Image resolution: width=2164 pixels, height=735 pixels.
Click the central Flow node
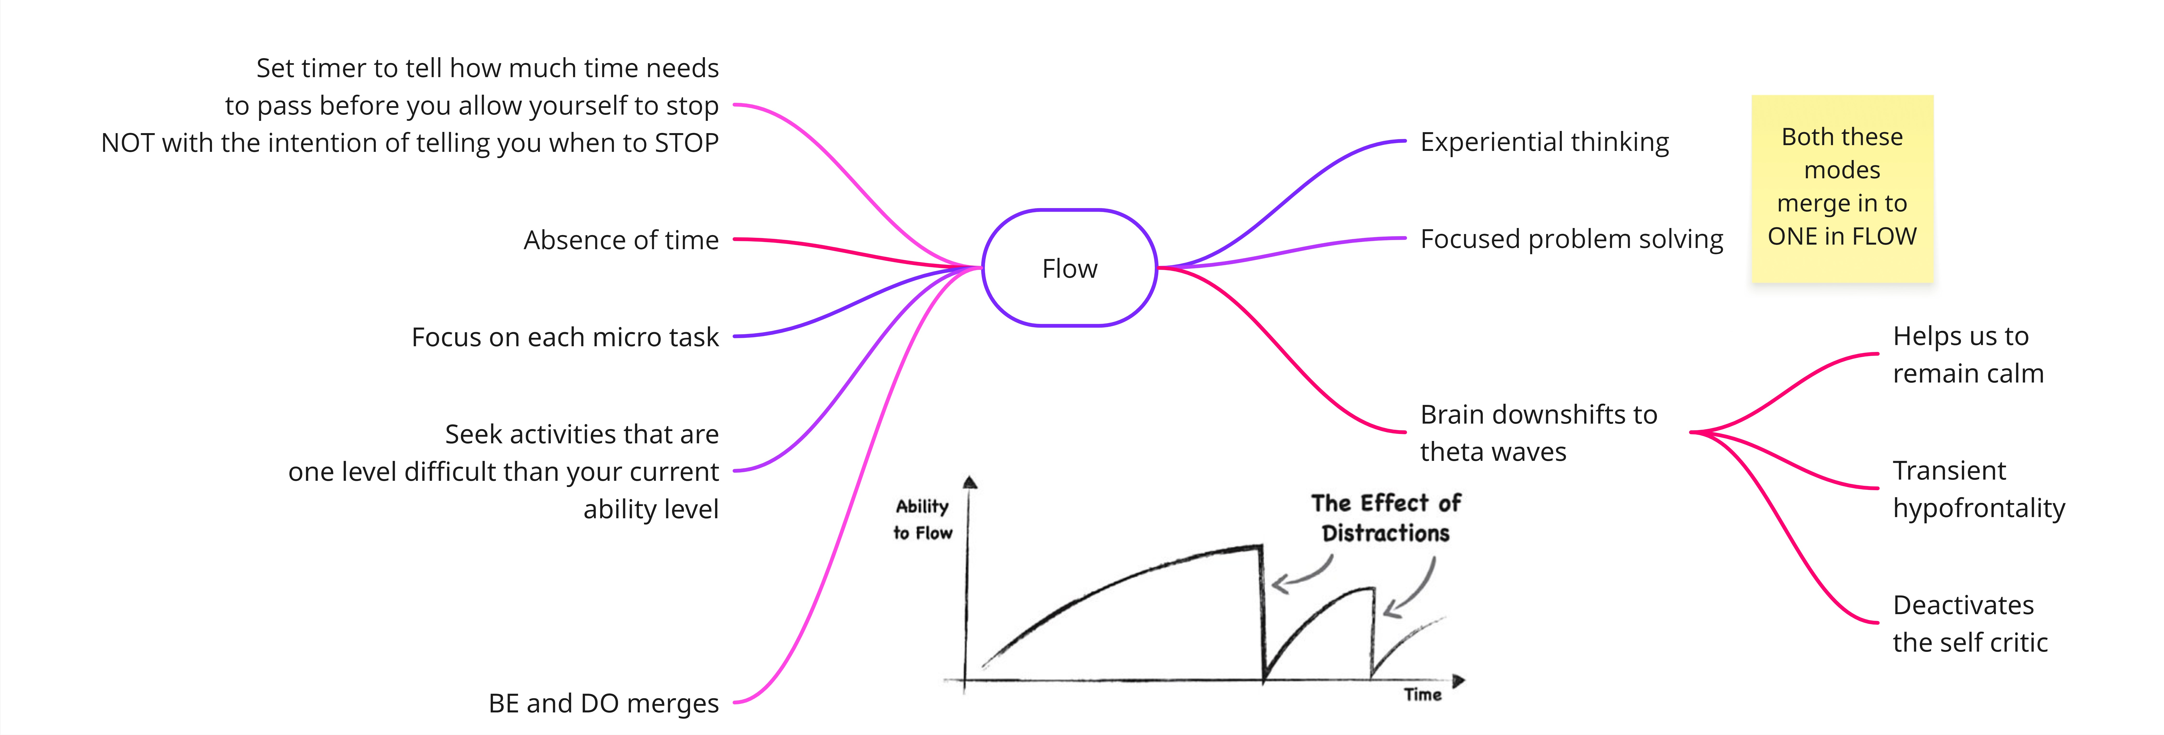tap(1070, 268)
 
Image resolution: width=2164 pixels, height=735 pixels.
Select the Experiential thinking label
tap(1544, 142)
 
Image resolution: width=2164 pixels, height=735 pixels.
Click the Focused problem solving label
tap(1571, 239)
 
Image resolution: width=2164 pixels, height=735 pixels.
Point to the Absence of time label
tap(621, 240)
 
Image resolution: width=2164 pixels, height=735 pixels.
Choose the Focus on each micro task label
tap(565, 337)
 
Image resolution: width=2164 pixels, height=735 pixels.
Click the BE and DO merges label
tap(603, 703)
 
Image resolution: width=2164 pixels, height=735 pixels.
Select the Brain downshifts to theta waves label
tap(1538, 432)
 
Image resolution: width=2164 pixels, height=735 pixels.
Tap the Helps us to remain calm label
tap(1967, 354)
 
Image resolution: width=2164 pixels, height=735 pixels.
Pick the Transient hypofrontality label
tap(1978, 489)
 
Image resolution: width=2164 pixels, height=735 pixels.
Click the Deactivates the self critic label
tap(1970, 623)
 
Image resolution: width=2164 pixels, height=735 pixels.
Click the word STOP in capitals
tap(686, 143)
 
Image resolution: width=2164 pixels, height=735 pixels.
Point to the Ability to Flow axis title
tap(922, 519)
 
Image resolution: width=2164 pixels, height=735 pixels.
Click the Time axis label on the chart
tap(1422, 695)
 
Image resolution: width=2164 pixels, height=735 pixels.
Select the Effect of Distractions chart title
tap(1386, 518)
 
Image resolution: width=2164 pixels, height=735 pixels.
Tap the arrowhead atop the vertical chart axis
tap(970, 482)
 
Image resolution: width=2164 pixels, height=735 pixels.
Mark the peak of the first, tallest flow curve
tap(1260, 547)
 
